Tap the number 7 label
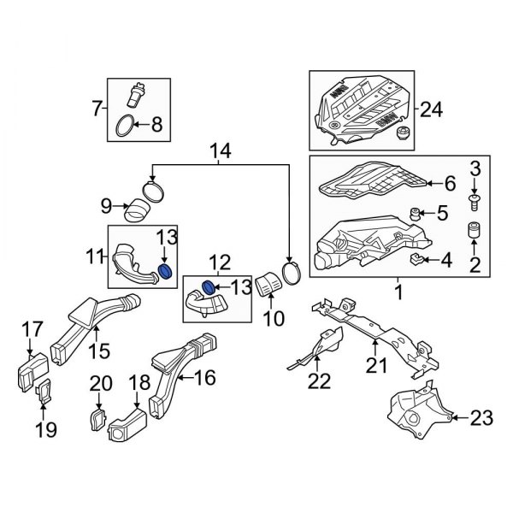(x=96, y=109)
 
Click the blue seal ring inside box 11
(x=167, y=271)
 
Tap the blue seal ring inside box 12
(x=206, y=285)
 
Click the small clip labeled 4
(x=418, y=258)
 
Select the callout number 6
(x=450, y=182)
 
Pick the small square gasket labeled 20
(x=97, y=419)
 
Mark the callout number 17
(x=31, y=327)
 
